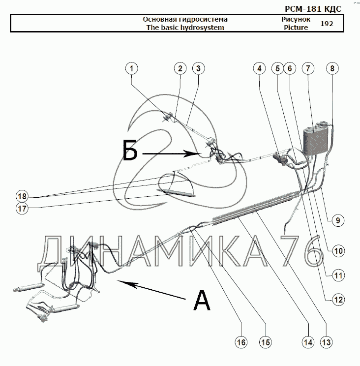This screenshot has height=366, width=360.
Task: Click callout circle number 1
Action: tap(131, 69)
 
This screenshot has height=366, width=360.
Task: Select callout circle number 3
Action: tap(198, 69)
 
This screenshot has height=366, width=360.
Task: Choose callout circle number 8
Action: tap(332, 69)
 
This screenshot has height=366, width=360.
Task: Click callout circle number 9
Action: tap(337, 220)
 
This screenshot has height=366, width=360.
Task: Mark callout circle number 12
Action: tap(337, 299)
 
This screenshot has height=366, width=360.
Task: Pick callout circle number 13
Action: tap(326, 342)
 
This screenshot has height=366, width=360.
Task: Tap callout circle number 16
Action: tap(240, 342)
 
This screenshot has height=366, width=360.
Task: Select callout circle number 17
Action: tap(21, 208)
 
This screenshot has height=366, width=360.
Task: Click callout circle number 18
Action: tap(21, 195)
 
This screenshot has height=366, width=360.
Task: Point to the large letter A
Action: tap(202, 300)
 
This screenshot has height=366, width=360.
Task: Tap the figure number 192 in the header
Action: tap(326, 24)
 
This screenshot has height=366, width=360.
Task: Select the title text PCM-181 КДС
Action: tap(313, 8)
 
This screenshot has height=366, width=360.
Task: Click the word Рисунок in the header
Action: tap(296, 19)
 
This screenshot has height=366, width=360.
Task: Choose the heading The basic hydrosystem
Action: tap(185, 28)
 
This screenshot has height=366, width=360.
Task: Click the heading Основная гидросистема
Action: tap(185, 19)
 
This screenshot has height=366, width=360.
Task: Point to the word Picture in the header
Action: tap(296, 28)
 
